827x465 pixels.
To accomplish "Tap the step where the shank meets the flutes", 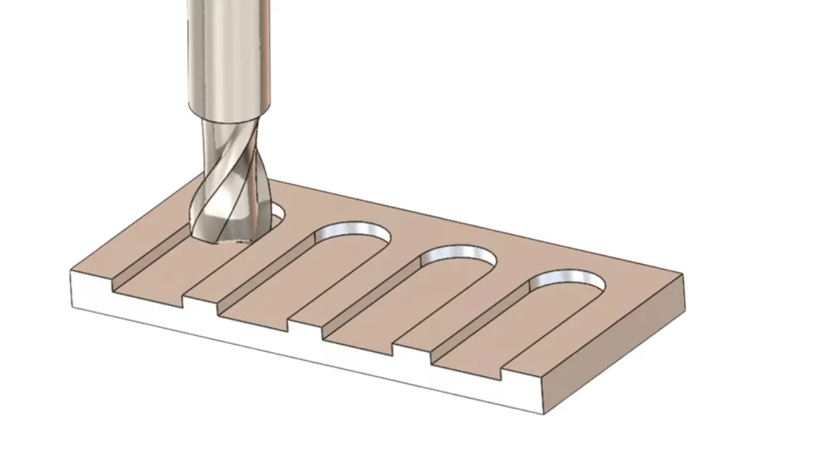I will point(226,119).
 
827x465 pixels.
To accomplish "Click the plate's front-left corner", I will point(73,274).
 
